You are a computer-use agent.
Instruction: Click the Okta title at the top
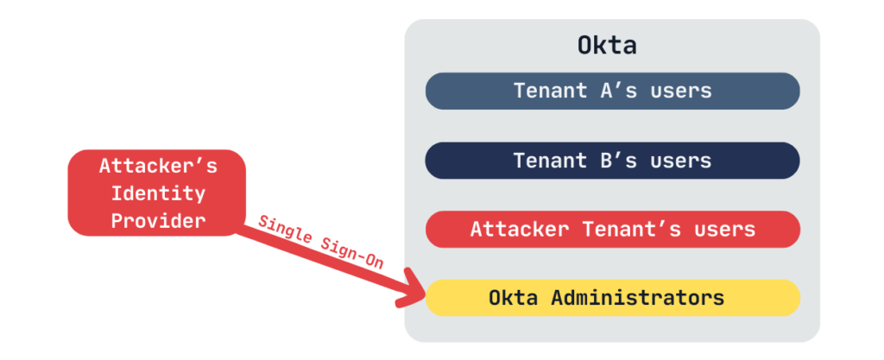pos(607,46)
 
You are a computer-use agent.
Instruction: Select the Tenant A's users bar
pos(612,91)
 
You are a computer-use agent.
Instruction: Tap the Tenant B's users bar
pos(612,161)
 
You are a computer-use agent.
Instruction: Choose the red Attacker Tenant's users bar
pos(612,230)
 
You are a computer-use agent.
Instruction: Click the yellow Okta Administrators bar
pos(612,298)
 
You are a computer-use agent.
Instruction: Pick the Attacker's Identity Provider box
pos(157,193)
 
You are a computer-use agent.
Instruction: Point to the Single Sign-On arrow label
pos(321,243)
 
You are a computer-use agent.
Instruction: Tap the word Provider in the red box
pos(158,221)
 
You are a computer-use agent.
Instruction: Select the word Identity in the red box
pos(158,193)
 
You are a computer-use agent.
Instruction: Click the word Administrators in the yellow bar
pos(638,298)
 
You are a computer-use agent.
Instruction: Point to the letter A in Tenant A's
pos(607,91)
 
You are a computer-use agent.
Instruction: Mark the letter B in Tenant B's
pos(607,161)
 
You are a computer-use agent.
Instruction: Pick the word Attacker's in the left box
pos(158,167)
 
